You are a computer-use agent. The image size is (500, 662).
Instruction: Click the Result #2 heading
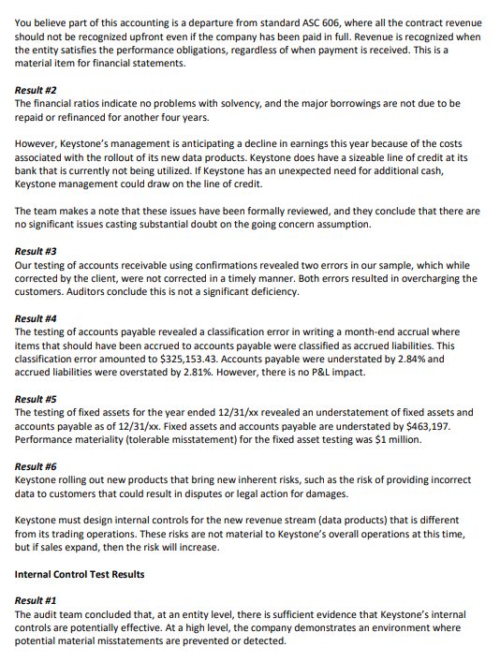(x=37, y=91)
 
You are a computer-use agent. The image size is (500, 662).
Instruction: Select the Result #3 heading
(x=37, y=252)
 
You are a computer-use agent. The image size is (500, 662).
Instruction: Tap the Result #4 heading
(x=37, y=319)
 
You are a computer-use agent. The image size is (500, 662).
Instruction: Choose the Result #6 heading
(x=37, y=466)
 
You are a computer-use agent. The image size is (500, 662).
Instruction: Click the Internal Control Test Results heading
(x=79, y=573)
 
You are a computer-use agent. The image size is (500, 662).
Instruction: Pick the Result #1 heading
(x=37, y=600)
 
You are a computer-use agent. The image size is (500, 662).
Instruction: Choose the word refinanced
(x=78, y=117)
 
